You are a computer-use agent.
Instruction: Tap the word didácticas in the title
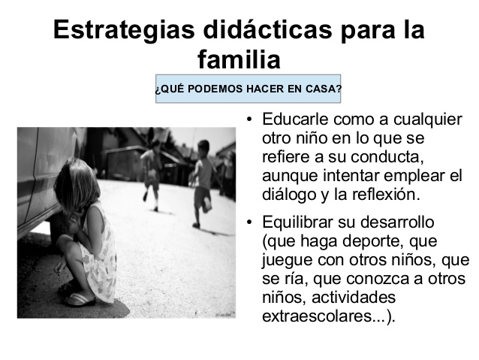[x=267, y=29]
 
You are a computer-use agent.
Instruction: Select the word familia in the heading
[x=239, y=59]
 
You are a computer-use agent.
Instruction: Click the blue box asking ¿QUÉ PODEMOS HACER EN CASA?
[x=248, y=89]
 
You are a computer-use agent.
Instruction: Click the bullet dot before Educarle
[x=249, y=119]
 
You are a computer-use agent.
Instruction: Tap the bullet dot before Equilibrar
[x=249, y=222]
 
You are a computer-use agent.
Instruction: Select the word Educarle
[x=295, y=119]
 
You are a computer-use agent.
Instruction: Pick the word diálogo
[x=289, y=195]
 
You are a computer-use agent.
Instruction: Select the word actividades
[x=354, y=298]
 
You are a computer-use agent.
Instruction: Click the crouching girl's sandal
[x=80, y=299]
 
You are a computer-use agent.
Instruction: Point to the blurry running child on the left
[x=152, y=174]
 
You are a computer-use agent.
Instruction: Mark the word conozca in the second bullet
[x=378, y=279]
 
